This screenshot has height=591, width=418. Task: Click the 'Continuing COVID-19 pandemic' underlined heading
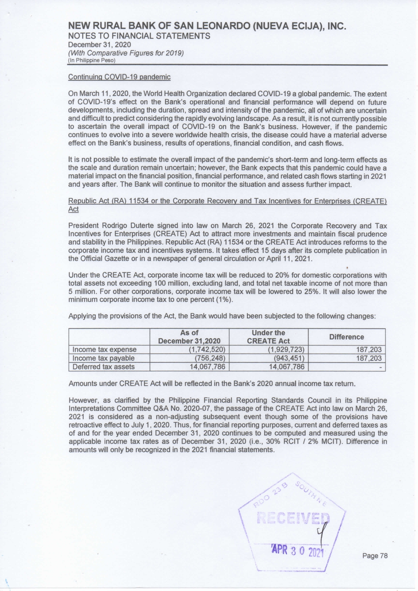coord(119,77)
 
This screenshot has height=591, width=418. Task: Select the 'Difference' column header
coord(346,337)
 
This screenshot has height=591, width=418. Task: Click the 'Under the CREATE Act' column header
coord(268,337)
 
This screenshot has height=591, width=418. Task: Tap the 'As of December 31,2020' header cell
coord(189,337)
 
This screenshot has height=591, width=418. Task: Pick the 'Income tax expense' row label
coord(104,350)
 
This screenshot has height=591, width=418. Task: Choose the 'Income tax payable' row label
coord(103,358)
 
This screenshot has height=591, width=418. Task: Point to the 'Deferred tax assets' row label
coord(103,367)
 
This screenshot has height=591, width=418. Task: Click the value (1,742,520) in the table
coord(207,350)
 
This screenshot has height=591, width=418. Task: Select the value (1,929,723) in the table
coord(286,350)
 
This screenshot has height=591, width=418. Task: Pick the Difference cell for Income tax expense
coord(369,350)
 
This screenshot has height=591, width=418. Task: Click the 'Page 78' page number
coord(375,556)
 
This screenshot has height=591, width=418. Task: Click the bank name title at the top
coord(207,26)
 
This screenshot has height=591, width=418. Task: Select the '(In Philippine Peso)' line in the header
coord(92,61)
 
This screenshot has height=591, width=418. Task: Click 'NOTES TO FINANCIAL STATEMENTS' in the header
coord(139,36)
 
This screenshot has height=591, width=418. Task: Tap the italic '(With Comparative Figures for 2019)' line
coord(126,53)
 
